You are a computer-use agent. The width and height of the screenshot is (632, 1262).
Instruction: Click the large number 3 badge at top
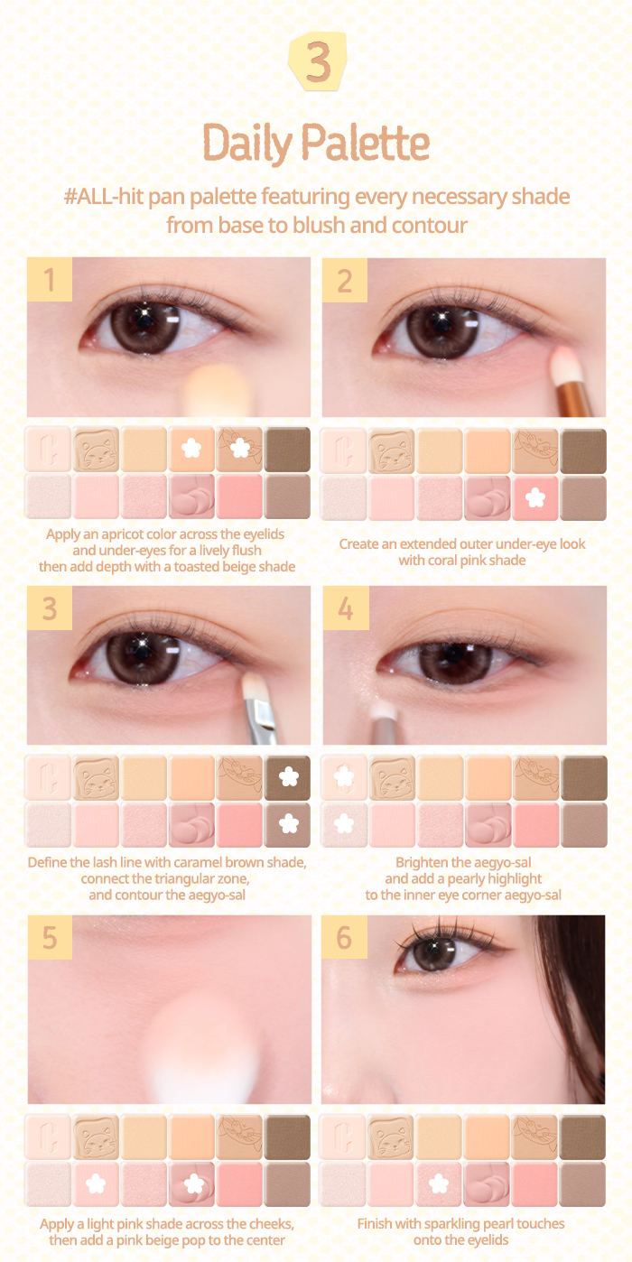(x=317, y=62)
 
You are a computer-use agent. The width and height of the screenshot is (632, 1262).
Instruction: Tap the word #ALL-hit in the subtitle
(x=103, y=197)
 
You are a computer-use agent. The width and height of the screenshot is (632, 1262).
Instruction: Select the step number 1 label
(x=50, y=280)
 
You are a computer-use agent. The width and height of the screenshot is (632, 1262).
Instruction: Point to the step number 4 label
(x=346, y=608)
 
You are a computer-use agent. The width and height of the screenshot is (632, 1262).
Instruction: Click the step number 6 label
(x=344, y=938)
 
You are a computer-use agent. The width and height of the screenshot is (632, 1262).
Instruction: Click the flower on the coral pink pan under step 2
(x=535, y=497)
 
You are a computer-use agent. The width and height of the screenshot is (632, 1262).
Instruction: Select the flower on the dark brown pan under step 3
(x=289, y=777)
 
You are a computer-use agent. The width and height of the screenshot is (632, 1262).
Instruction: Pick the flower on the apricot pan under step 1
(x=191, y=449)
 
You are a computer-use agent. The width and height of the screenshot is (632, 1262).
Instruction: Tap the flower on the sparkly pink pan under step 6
(x=439, y=1183)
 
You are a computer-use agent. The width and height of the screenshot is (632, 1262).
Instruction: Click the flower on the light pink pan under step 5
(x=96, y=1183)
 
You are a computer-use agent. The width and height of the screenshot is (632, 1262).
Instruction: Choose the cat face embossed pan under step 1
(x=97, y=449)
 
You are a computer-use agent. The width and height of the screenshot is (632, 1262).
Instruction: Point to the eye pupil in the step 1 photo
(x=144, y=323)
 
